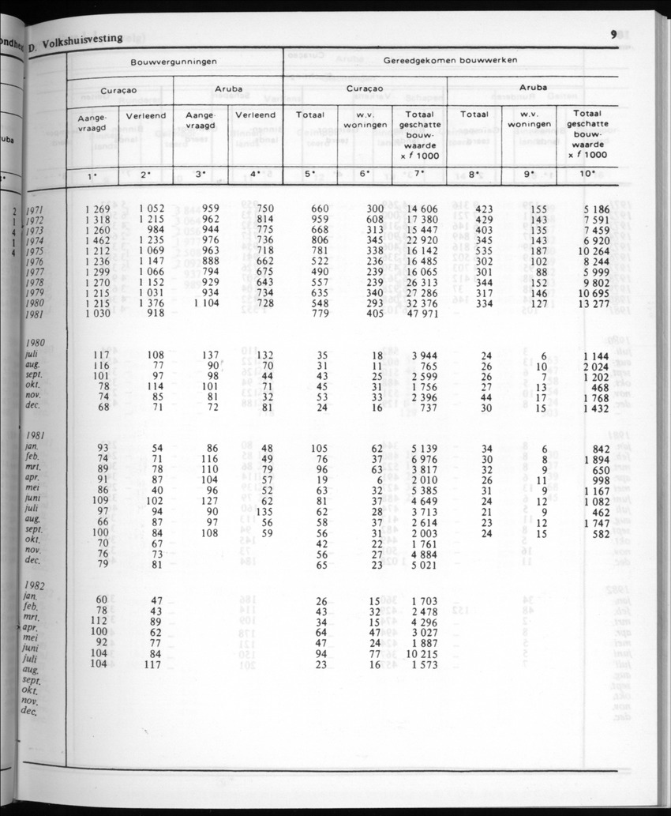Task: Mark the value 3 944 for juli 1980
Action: pyautogui.click(x=423, y=356)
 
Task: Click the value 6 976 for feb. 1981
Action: pyautogui.click(x=423, y=459)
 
